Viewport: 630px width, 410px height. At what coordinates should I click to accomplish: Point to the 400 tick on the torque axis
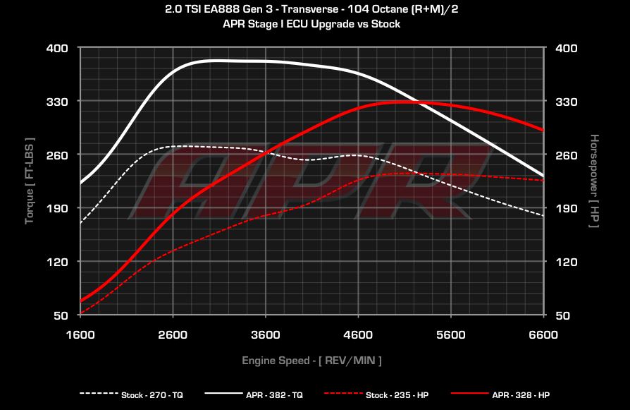click(x=58, y=48)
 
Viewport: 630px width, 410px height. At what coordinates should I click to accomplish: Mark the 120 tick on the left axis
click(x=58, y=262)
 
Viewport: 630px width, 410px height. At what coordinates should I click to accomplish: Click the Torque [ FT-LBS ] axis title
click(x=30, y=181)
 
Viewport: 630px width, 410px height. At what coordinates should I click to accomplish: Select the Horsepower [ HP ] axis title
click(x=594, y=181)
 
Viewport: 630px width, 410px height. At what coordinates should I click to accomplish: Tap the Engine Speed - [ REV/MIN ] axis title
click(x=311, y=361)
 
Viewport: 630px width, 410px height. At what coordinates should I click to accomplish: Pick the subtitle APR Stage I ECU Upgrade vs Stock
click(x=315, y=24)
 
